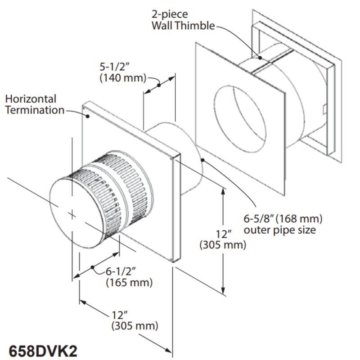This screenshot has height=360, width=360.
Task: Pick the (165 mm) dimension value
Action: tap(129, 283)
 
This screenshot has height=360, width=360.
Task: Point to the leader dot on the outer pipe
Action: tap(203, 159)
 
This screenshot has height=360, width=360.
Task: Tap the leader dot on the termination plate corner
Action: tap(88, 116)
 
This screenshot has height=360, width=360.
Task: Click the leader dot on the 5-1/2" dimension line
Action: tap(159, 85)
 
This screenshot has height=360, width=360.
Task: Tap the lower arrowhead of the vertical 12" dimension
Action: tap(224, 292)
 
